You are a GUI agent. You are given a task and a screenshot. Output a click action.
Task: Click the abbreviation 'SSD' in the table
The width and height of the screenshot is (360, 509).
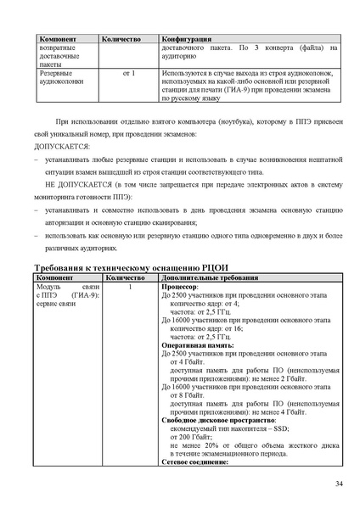pos(280,429)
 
